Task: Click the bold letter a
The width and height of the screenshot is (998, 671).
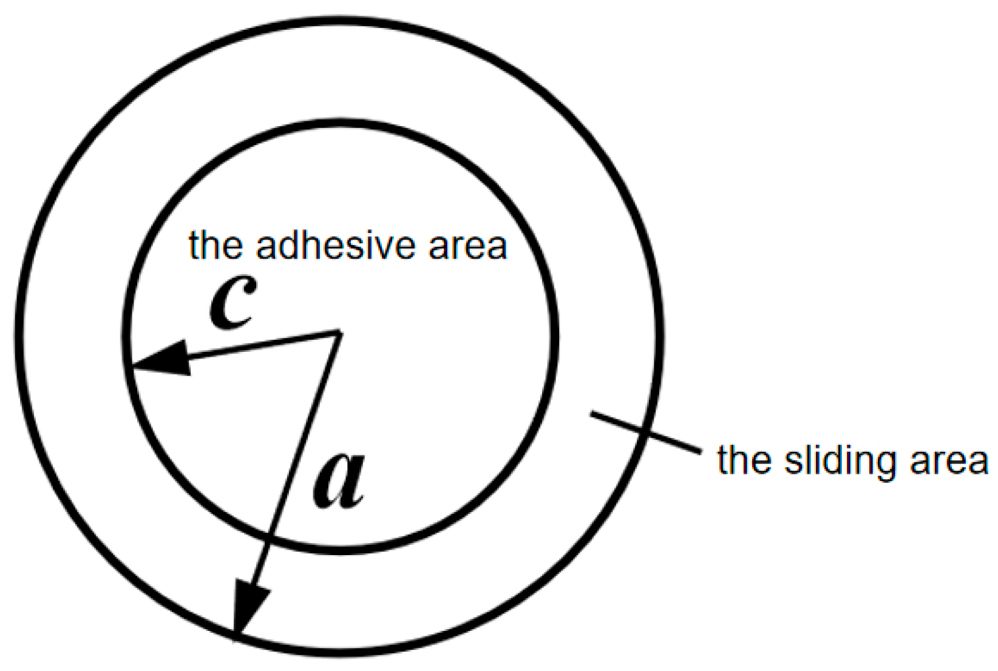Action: tap(338, 481)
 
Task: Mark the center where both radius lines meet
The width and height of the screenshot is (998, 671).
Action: tap(338, 332)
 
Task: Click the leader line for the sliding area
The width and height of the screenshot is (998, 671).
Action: tap(643, 432)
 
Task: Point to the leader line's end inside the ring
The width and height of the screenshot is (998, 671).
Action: tap(592, 414)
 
